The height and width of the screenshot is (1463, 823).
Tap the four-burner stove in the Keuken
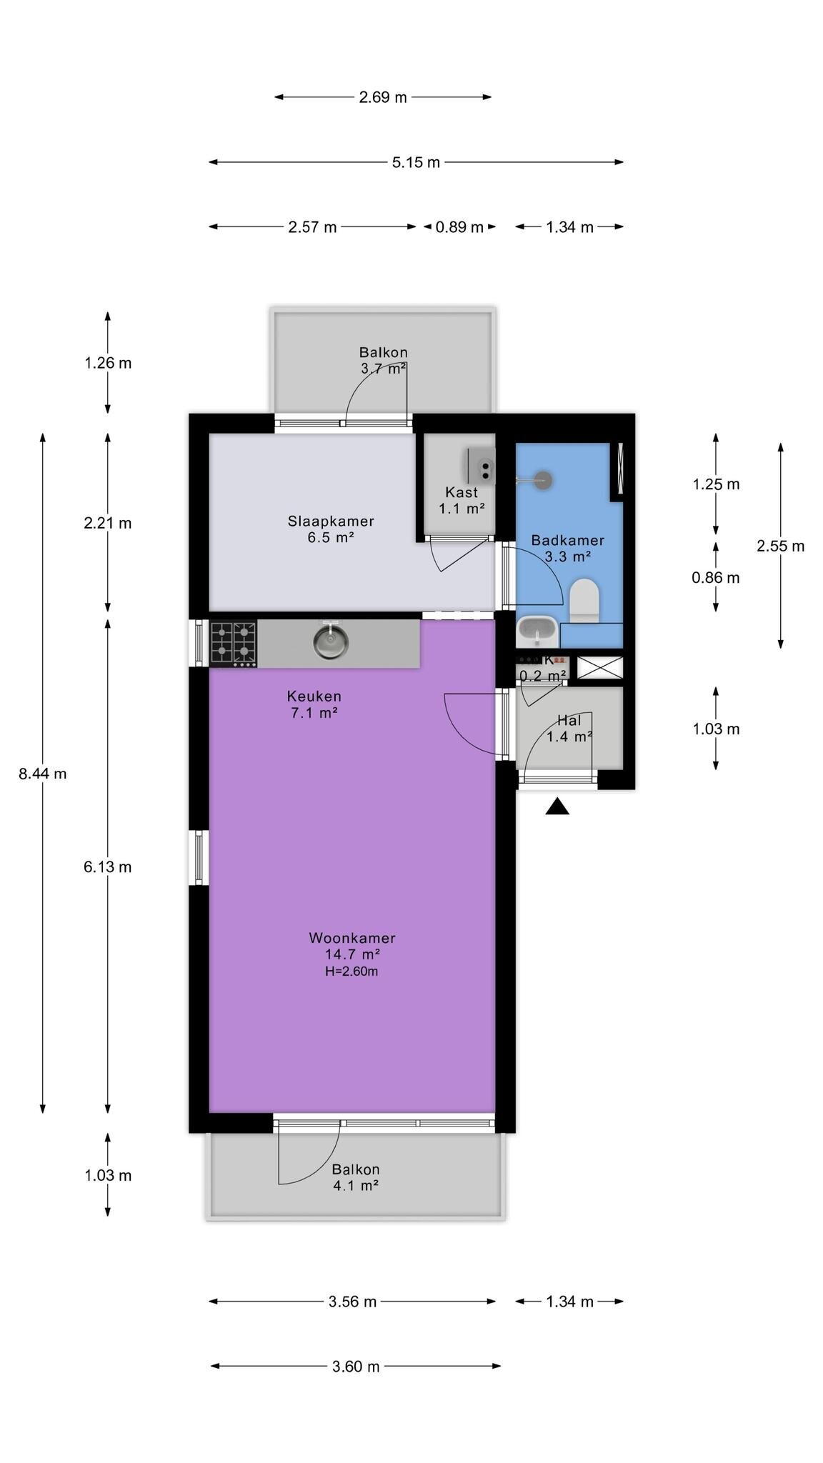(233, 644)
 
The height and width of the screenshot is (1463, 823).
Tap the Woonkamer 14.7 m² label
(351, 946)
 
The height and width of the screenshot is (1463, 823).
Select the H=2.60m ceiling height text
(351, 972)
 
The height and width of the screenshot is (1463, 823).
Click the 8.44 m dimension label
(43, 774)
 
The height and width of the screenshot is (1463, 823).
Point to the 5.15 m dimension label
(416, 162)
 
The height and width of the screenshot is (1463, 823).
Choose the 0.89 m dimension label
(459, 227)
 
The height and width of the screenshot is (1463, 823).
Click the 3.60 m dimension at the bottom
(356, 1367)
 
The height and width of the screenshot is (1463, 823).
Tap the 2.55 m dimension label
(780, 546)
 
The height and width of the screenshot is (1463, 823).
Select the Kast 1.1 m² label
(462, 501)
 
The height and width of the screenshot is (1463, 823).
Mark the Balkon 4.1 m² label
(355, 1177)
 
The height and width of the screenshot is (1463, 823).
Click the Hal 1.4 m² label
(569, 729)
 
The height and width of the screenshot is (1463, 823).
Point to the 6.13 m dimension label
(108, 867)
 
